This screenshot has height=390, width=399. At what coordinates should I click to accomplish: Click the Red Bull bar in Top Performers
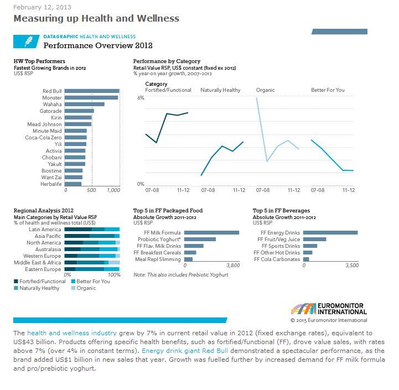pos(92,91)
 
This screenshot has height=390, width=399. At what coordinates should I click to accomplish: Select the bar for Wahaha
pos(85,105)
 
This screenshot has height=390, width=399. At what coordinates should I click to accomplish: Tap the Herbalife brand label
pos(50,184)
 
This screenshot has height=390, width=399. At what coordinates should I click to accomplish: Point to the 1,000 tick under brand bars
pos(113,190)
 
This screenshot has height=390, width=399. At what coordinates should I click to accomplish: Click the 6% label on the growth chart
pos(141,97)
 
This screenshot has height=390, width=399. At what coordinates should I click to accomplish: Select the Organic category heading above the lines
pos(265,90)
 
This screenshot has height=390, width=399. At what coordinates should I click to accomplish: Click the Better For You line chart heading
pos(328,90)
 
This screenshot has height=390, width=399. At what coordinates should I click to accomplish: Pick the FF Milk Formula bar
pos(211,233)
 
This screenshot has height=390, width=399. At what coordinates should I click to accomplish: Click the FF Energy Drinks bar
pos(330,233)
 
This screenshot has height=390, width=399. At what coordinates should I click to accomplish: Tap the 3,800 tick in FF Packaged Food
pos(233,266)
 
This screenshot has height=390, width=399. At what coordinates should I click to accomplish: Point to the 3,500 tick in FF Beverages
pos(352,266)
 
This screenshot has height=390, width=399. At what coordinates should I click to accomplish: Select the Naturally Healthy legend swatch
pos(16,288)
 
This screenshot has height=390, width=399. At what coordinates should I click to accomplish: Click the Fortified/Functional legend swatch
pos(16,281)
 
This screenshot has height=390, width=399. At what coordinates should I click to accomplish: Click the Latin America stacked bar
pos(92,229)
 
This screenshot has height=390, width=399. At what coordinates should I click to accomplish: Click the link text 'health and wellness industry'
pos(72,333)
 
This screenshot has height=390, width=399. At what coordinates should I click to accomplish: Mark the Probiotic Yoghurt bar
pos(200,240)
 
